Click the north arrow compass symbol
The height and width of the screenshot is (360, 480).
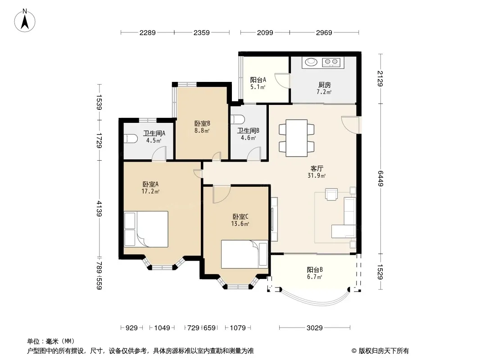click(25, 21)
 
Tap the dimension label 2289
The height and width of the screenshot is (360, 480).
click(148, 33)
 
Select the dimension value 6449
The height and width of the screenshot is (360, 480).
click(380, 178)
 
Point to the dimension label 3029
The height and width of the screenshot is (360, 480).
click(315, 328)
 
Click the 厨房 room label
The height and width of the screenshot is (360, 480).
click(325, 85)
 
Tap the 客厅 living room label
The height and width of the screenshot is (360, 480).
click(317, 169)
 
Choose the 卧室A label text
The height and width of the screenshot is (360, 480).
click(150, 184)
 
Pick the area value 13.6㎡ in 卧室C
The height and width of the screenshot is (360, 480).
click(240, 224)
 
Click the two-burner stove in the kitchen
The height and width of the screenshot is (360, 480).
click(331, 63)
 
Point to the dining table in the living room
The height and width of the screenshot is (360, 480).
click(297, 138)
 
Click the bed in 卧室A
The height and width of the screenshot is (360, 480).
click(146, 229)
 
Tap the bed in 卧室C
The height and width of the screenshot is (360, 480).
click(245, 254)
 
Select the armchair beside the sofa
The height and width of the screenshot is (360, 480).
click(331, 194)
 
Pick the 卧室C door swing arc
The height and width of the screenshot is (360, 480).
click(222, 194)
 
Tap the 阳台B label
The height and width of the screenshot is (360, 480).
click(315, 270)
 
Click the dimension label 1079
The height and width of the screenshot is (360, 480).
click(238, 328)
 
